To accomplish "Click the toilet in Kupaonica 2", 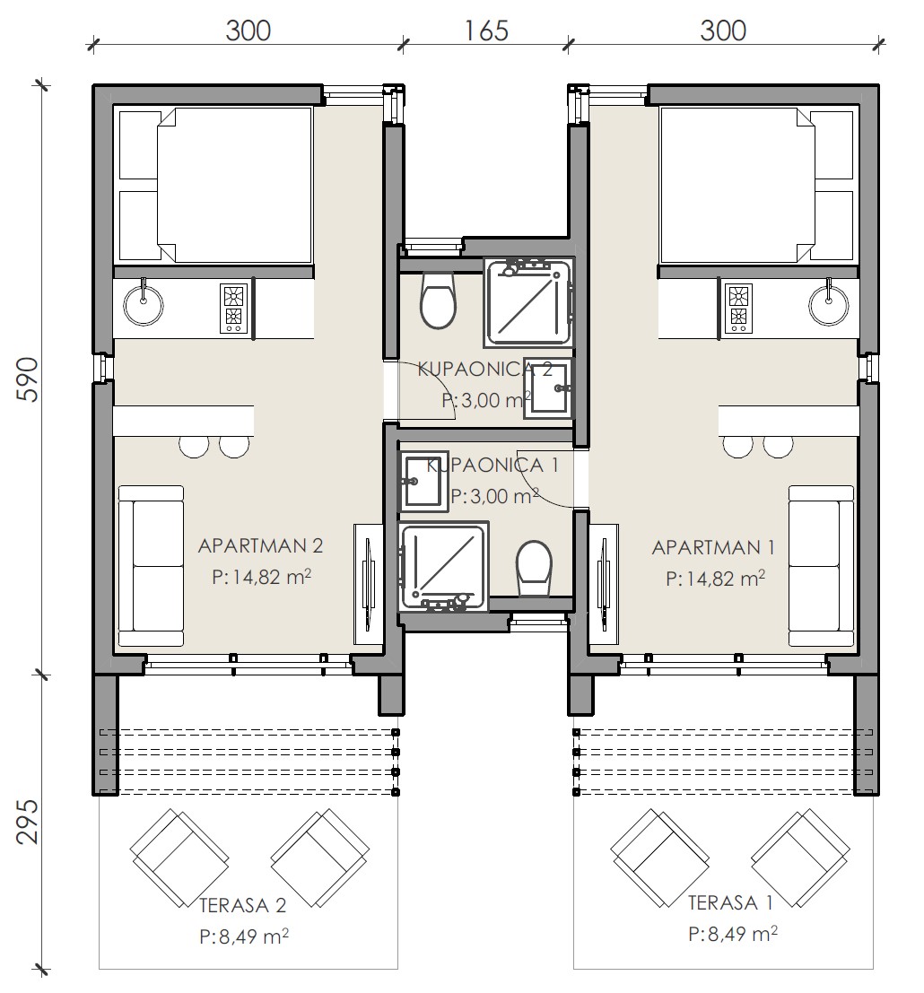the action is [x=438, y=300].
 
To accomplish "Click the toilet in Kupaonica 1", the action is [x=534, y=568].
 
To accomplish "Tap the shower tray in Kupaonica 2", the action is [x=528, y=301].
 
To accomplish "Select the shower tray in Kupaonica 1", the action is [x=443, y=567].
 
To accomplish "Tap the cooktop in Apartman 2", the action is [x=233, y=309].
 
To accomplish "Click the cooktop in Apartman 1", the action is [x=739, y=309].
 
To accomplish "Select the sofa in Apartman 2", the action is [x=151, y=566].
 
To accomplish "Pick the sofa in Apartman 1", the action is [x=822, y=566].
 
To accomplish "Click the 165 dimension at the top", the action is [x=486, y=30].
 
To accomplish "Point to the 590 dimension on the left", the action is [x=27, y=379].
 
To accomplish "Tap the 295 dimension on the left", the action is [x=27, y=822].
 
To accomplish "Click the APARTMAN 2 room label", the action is [x=260, y=546].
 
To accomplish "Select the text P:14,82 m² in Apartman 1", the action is [x=715, y=579].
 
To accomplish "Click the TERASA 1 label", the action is [x=731, y=902].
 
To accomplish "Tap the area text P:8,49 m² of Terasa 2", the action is [x=245, y=936].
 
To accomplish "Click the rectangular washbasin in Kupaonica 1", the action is [x=423, y=482].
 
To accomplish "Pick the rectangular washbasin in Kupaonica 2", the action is [x=548, y=388].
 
